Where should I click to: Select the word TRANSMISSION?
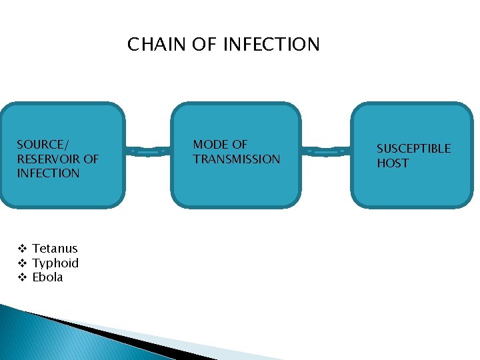tap(237, 159)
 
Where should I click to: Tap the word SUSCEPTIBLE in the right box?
tap(413, 148)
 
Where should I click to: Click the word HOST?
tap(393, 163)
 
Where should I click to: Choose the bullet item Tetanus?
tap(55, 249)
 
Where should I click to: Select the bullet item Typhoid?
tap(55, 263)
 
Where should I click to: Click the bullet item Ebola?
tap(47, 277)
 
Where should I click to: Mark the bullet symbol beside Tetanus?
tap(21, 249)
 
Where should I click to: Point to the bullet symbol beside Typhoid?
tap(21, 263)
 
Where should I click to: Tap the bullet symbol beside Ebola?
tap(21, 277)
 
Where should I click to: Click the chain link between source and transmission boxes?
tap(147, 152)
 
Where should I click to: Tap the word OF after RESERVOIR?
tap(91, 159)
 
